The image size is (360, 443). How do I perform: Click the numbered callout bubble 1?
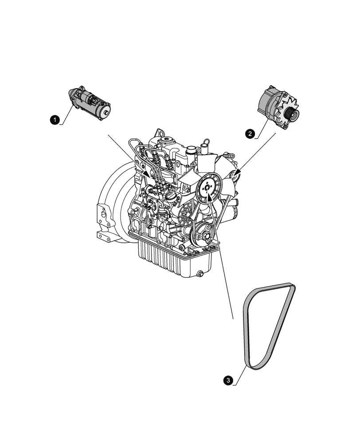(54, 119)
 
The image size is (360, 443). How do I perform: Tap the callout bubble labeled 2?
(250, 133)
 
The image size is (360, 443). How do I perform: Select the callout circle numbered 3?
(228, 380)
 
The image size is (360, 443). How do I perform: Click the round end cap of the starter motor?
(105, 113)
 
